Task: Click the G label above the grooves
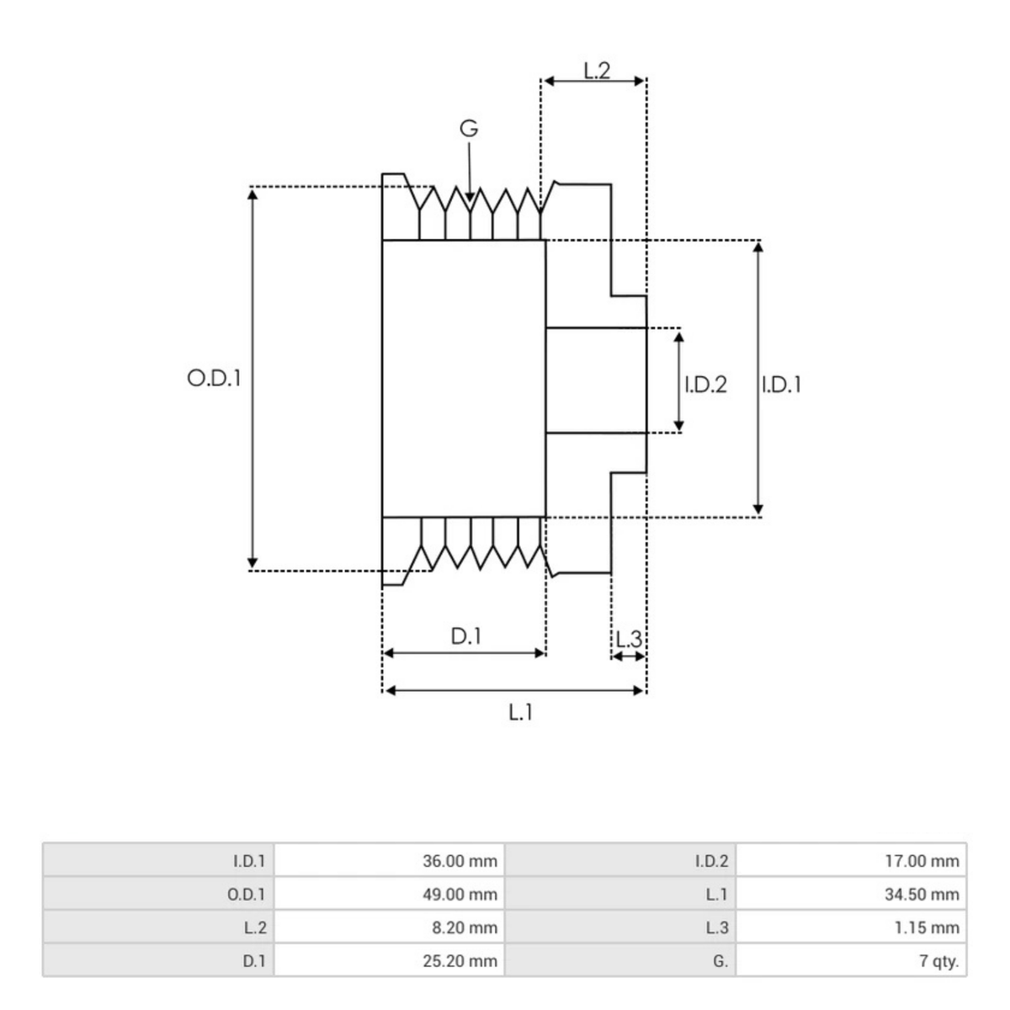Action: click(469, 129)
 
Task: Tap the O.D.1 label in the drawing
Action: click(214, 378)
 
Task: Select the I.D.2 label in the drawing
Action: click(705, 385)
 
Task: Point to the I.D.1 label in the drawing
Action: click(781, 385)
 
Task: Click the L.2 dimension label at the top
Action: click(597, 70)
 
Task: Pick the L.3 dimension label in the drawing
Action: click(628, 639)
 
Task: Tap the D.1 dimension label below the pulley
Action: click(465, 635)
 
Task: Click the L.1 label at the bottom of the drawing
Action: click(520, 712)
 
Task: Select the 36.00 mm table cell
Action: click(460, 861)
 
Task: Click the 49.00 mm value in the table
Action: click(460, 894)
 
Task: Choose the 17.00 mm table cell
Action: click(922, 861)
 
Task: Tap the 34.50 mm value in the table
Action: click(922, 894)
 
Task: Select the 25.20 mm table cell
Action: click(460, 960)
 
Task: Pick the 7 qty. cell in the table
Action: click(938, 960)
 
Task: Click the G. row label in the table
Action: click(719, 960)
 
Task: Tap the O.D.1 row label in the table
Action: click(247, 894)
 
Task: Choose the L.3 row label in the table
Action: click(717, 928)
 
